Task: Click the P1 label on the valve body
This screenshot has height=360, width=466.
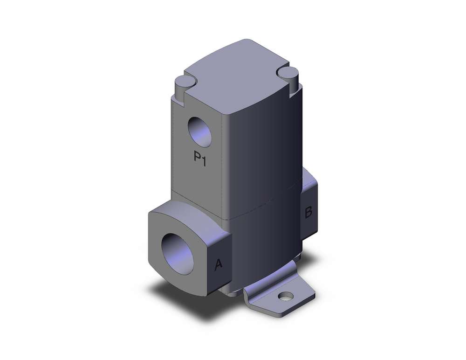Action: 200,158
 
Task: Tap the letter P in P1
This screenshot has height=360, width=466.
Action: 197,158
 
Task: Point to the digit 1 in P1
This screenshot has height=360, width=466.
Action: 204,158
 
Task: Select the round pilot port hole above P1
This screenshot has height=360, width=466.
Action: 199,132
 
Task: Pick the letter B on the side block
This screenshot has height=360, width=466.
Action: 308,213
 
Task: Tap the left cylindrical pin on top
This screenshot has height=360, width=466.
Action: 183,85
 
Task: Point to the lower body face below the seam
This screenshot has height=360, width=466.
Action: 261,242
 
